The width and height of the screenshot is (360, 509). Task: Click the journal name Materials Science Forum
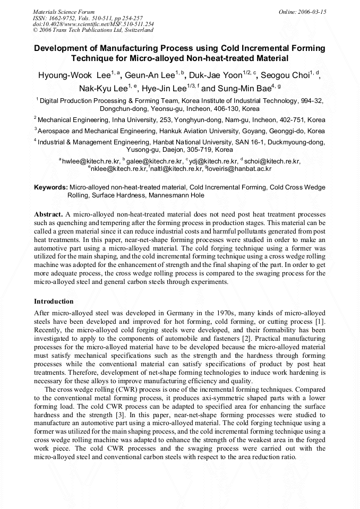(x=64, y=12)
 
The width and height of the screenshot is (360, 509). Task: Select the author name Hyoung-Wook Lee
(x=74, y=75)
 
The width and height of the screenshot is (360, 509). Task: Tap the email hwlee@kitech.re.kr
(x=91, y=161)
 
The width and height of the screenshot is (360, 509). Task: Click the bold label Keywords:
(x=51, y=188)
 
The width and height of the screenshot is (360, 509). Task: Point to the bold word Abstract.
(x=48, y=214)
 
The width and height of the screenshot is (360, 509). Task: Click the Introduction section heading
(x=54, y=301)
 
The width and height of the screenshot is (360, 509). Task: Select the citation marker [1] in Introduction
(x=320, y=323)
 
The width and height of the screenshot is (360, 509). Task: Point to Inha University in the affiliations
(x=133, y=120)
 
